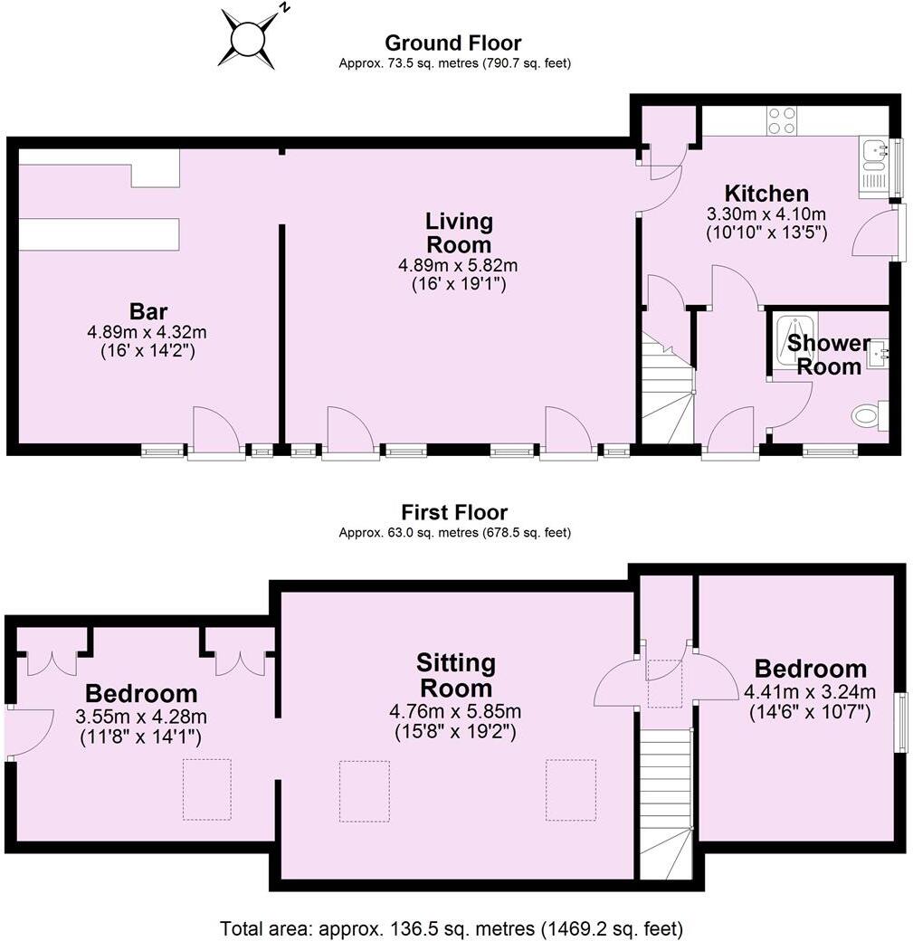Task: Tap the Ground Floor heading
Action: click(452, 43)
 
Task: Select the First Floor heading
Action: click(453, 512)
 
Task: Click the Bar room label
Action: click(147, 312)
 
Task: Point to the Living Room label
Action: click(459, 233)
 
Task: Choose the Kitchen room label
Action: click(766, 193)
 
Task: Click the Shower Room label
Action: click(823, 355)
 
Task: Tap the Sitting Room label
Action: click(458, 675)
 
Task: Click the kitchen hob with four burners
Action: click(781, 121)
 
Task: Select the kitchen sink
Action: click(874, 155)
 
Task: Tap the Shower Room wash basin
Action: click(878, 353)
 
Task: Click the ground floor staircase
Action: click(667, 389)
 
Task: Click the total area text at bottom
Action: click(452, 928)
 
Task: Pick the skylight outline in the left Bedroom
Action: click(206, 789)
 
